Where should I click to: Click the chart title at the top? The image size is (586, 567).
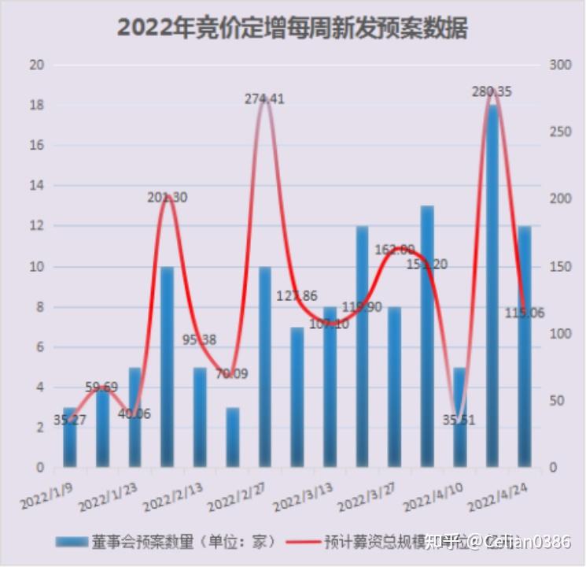tap(293, 28)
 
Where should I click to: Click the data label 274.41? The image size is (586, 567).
tap(264, 99)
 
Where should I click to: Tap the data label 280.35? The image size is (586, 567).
tap(492, 92)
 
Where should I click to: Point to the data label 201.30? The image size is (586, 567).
tap(167, 198)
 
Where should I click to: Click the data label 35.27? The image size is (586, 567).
tap(71, 420)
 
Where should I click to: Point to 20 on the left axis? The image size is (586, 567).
tap(35, 65)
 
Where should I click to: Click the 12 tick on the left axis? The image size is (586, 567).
tap(35, 226)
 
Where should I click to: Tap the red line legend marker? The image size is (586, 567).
tap(303, 542)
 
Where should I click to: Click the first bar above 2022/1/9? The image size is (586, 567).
tap(70, 438)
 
